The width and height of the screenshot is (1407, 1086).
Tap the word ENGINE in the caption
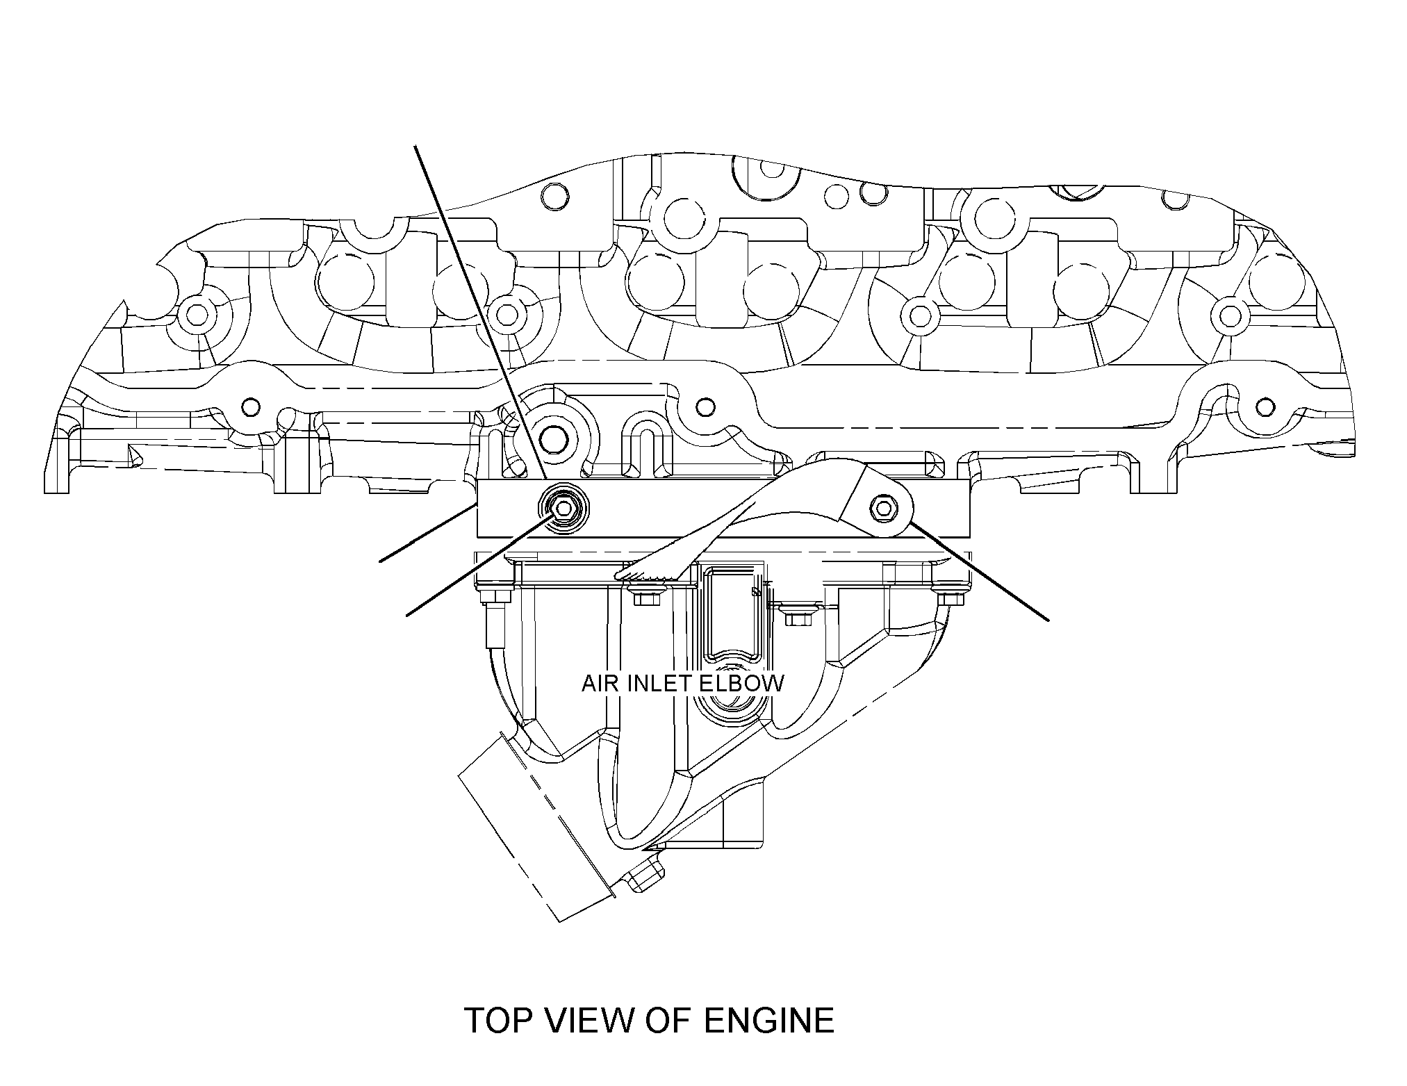click(x=768, y=1021)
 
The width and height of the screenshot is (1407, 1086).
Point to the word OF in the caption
click(x=668, y=1021)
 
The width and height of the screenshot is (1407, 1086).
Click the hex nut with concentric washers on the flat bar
click(x=562, y=509)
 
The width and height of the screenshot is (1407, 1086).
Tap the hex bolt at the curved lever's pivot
click(x=884, y=507)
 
